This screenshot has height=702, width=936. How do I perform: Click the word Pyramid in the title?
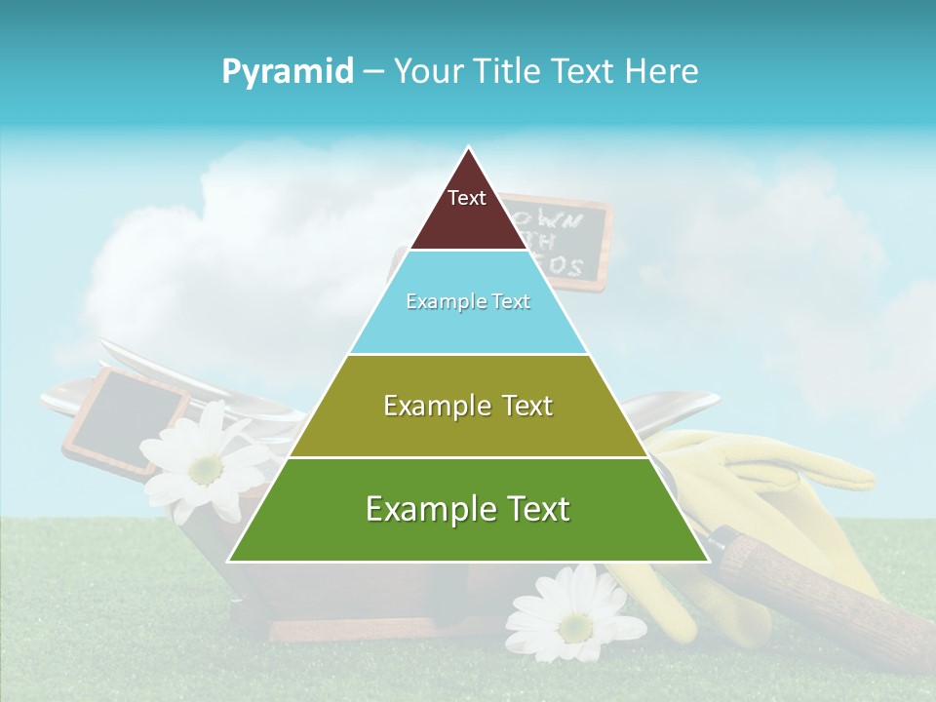pyautogui.click(x=287, y=71)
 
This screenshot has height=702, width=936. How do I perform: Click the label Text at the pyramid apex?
pyautogui.click(x=466, y=198)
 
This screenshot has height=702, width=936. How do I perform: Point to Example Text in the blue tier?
pyautogui.click(x=468, y=301)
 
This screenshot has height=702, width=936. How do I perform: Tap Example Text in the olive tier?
pyautogui.click(x=468, y=406)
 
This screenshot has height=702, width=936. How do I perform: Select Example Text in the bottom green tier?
pyautogui.click(x=468, y=509)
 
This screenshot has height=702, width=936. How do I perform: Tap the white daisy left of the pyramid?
pyautogui.click(x=202, y=465)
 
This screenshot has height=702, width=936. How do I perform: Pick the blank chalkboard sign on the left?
pyautogui.click(x=127, y=419)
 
